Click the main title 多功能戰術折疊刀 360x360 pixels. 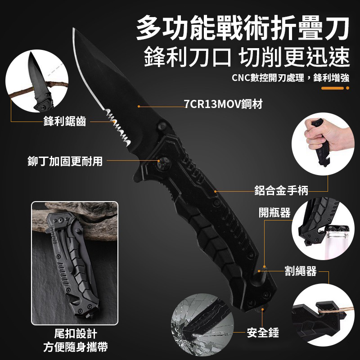[x=243, y=28]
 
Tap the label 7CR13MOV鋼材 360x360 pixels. [x=223, y=104]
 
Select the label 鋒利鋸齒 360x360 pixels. [x=64, y=121]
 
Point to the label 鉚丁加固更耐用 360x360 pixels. [x=65, y=161]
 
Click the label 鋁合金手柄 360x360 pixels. [x=281, y=190]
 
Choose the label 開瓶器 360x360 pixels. [x=274, y=212]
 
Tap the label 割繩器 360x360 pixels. [x=301, y=271]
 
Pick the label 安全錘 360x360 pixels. [x=263, y=333]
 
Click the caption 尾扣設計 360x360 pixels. [x=76, y=333]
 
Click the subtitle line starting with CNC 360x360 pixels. [x=290, y=78]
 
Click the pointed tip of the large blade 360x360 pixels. [x=73, y=29]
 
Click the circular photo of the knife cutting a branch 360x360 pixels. [x=37, y=81]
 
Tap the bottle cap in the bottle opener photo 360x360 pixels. [x=337, y=229]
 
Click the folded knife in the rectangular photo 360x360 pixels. [x=73, y=266]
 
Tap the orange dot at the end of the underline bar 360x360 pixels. [x=347, y=88]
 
